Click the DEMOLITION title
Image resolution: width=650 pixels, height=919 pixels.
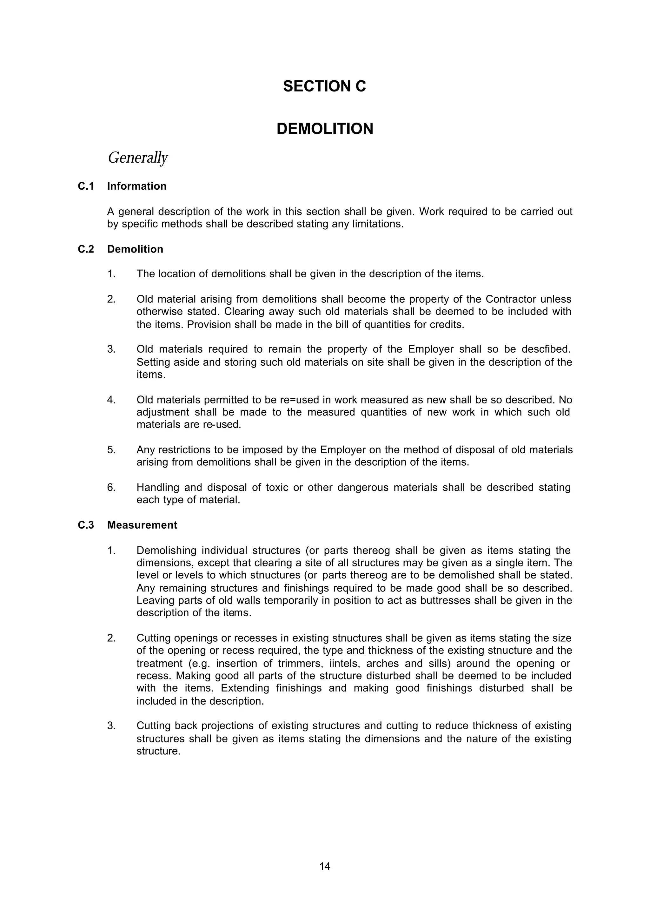click(325, 129)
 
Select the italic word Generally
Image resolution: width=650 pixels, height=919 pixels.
click(138, 158)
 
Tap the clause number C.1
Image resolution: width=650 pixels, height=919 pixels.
click(86, 186)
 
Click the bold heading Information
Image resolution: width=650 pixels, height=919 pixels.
click(136, 186)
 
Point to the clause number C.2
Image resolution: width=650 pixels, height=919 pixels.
click(86, 249)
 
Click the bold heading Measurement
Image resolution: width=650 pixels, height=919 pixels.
click(142, 525)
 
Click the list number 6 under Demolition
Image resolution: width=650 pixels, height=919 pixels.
click(111, 488)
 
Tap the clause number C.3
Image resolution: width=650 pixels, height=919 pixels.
click(86, 525)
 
